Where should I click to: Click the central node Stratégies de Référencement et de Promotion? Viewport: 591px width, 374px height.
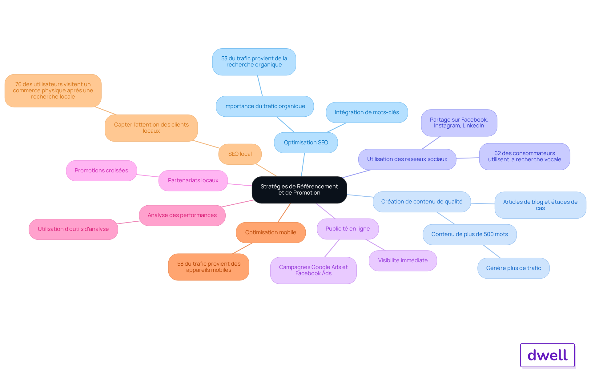(299, 190)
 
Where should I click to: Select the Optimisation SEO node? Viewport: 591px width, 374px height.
(306, 143)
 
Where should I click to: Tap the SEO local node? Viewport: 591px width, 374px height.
(240, 154)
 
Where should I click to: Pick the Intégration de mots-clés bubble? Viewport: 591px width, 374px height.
(367, 112)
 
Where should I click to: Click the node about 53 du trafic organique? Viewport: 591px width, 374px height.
(254, 62)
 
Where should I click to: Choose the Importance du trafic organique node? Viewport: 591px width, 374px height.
(265, 106)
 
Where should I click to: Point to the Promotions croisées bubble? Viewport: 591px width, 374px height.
(101, 171)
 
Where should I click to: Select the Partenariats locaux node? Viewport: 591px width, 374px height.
(193, 180)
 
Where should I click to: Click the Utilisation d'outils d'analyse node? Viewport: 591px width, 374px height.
(73, 229)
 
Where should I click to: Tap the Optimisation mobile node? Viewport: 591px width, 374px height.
(271, 232)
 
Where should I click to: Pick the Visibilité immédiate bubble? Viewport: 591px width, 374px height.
(403, 260)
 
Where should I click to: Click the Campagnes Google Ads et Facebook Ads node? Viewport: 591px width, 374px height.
(313, 270)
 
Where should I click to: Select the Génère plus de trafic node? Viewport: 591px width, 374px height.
(513, 268)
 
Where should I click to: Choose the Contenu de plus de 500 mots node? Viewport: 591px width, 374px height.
(469, 234)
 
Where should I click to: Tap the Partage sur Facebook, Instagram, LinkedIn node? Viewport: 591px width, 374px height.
(459, 123)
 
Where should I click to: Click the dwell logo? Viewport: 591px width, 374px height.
(547, 355)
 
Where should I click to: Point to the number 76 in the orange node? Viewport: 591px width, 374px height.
(18, 84)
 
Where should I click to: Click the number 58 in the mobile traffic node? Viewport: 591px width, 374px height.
(180, 264)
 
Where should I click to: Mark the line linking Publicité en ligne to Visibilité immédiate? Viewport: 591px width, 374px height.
(375, 245)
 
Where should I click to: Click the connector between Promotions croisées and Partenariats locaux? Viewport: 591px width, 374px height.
(148, 176)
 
